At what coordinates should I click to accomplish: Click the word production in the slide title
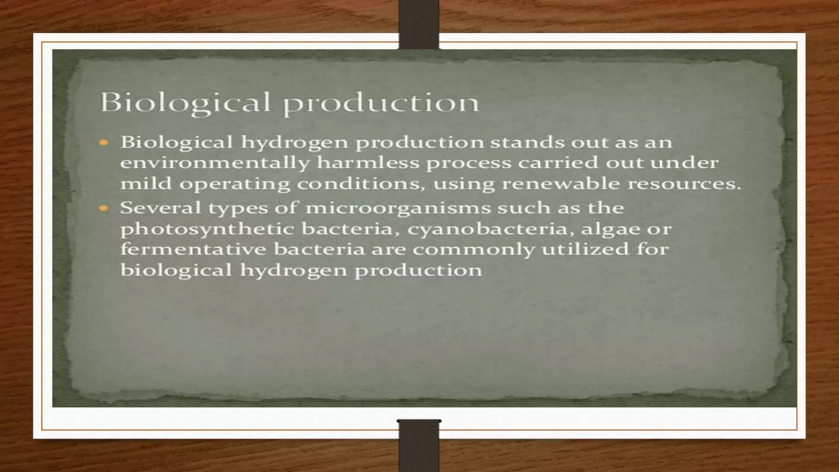[381, 103]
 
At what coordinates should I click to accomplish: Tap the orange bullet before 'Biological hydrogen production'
[104, 143]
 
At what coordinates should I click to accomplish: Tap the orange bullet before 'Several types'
[104, 209]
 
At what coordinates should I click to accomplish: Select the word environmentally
[215, 163]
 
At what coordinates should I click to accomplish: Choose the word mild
[146, 183]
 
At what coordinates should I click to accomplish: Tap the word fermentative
[193, 249]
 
